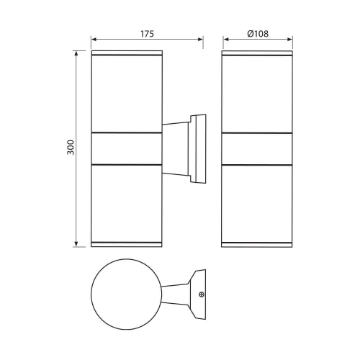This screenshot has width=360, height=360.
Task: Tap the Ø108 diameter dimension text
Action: coord(257,33)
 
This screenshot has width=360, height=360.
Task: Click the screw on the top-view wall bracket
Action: coord(202,294)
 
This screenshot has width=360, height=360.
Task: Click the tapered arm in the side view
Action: coord(176,149)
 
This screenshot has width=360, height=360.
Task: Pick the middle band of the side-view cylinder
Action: coord(125,149)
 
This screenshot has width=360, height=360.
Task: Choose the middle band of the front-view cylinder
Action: coord(257,149)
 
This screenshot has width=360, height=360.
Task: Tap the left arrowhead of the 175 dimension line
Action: coord(94,40)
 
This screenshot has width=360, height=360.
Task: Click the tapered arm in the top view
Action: coord(176,296)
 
